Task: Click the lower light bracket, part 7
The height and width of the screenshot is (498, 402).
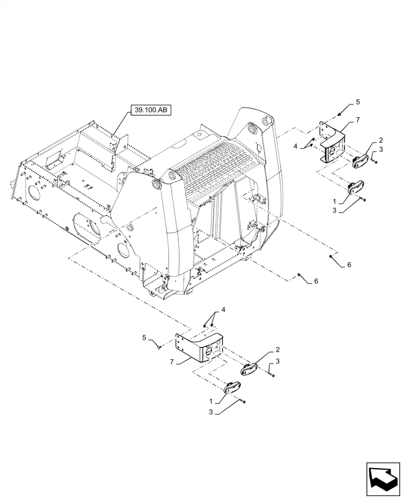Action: pyautogui.click(x=200, y=346)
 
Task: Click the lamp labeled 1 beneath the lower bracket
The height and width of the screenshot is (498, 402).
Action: pyautogui.click(x=232, y=388)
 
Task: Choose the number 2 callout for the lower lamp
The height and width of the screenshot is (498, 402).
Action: pyautogui.click(x=278, y=350)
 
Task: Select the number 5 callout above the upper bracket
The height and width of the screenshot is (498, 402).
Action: pyautogui.click(x=358, y=103)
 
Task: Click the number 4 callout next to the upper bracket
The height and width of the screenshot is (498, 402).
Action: pyautogui.click(x=295, y=146)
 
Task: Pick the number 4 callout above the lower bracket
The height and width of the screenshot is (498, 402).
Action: pyautogui.click(x=223, y=310)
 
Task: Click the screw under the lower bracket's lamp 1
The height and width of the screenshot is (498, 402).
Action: pyautogui.click(x=243, y=401)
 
